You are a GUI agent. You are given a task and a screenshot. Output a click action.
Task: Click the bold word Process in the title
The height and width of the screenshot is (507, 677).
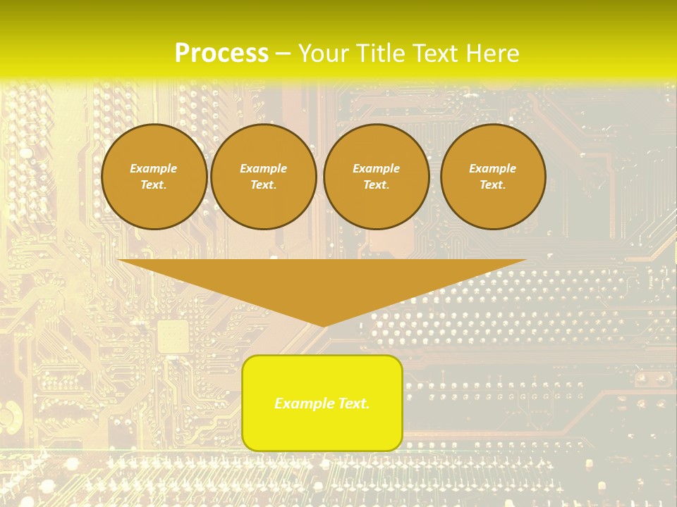[x=221, y=54]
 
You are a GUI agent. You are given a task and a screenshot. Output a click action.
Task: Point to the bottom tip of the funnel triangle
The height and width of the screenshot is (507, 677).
[x=323, y=325]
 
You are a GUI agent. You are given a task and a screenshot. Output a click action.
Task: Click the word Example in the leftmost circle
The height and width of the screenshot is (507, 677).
[x=154, y=168]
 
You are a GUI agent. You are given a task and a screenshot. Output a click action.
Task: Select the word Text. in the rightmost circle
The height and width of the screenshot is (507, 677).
[x=493, y=185]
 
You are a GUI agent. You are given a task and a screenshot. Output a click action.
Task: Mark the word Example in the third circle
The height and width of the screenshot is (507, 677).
[x=376, y=168]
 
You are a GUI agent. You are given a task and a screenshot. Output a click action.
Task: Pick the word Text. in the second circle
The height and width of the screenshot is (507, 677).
[x=263, y=185]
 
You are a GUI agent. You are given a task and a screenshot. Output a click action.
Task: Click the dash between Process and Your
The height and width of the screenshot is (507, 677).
[x=283, y=54]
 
